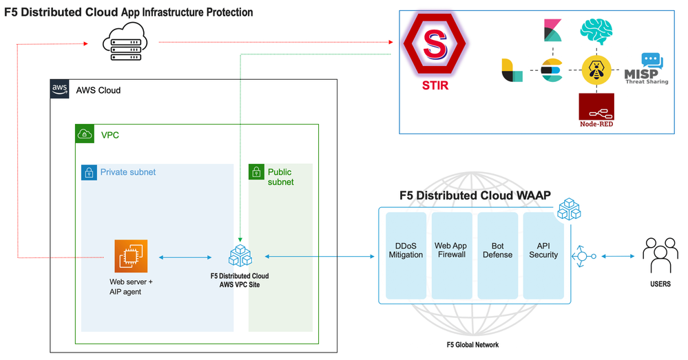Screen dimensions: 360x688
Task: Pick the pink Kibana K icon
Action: click(551, 31)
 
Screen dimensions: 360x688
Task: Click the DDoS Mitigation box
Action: click(406, 255)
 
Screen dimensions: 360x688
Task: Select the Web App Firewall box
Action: click(450, 255)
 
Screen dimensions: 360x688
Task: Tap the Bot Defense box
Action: click(497, 255)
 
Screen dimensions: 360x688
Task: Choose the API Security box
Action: click(543, 255)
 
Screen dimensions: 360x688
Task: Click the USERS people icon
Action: click(660, 256)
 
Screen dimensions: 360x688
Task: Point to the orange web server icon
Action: click(131, 257)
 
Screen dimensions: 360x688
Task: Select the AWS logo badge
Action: click(59, 89)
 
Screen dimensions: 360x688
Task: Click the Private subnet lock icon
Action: click(90, 173)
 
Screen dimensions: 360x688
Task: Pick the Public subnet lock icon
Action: click(256, 173)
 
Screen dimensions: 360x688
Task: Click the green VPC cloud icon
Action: click(85, 134)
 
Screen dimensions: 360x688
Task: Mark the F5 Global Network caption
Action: click(472, 345)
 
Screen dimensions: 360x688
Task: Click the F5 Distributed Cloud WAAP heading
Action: click(475, 195)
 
